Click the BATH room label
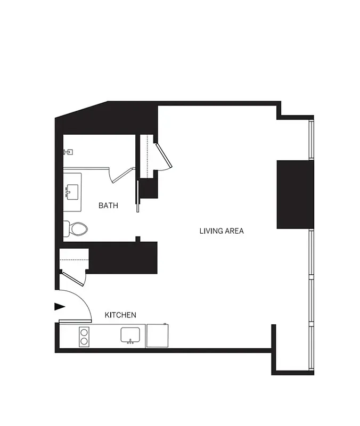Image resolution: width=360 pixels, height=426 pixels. coord(108,205)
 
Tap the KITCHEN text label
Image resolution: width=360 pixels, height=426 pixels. coord(120,315)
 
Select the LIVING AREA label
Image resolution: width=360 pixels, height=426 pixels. coord(222,231)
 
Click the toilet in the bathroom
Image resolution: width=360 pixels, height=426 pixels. coord(76,229)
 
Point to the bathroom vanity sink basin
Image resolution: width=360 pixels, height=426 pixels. coord(73,191)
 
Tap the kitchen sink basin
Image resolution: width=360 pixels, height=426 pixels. coord(130,334)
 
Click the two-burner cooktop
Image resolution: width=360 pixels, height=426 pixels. coord(84,337)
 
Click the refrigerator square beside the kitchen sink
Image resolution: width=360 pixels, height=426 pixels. coord(158,336)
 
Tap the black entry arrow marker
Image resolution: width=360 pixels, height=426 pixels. coord(60,306)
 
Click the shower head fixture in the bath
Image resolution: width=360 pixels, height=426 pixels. coord(67,152)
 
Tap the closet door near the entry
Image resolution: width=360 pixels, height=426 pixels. coord(73,278)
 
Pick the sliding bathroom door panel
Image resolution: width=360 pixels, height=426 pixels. coord(138,196)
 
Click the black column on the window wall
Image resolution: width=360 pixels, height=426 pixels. coord(295,194)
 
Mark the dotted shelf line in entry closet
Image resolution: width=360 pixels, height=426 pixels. coord(73,260)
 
